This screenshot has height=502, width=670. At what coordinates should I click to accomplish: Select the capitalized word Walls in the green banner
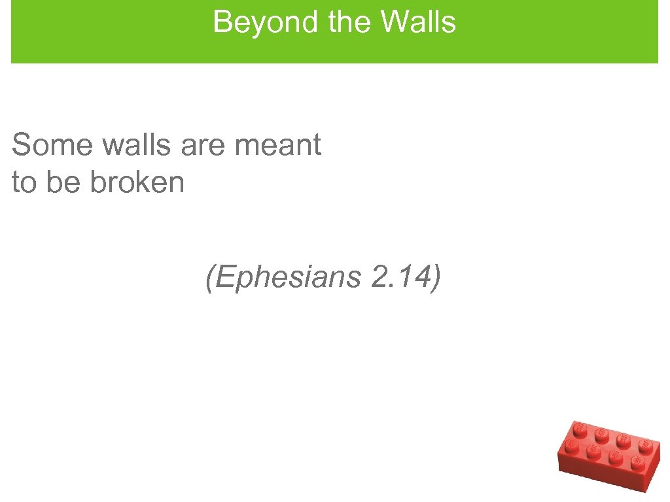[418, 22]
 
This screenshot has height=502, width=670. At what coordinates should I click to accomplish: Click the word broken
[137, 182]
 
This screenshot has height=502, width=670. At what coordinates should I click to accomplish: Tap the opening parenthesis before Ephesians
[209, 278]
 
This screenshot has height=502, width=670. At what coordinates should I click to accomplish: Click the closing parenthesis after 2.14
[434, 278]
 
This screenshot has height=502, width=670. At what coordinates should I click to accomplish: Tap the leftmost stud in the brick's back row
[579, 428]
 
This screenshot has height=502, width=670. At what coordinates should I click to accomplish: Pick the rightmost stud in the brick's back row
[644, 448]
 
